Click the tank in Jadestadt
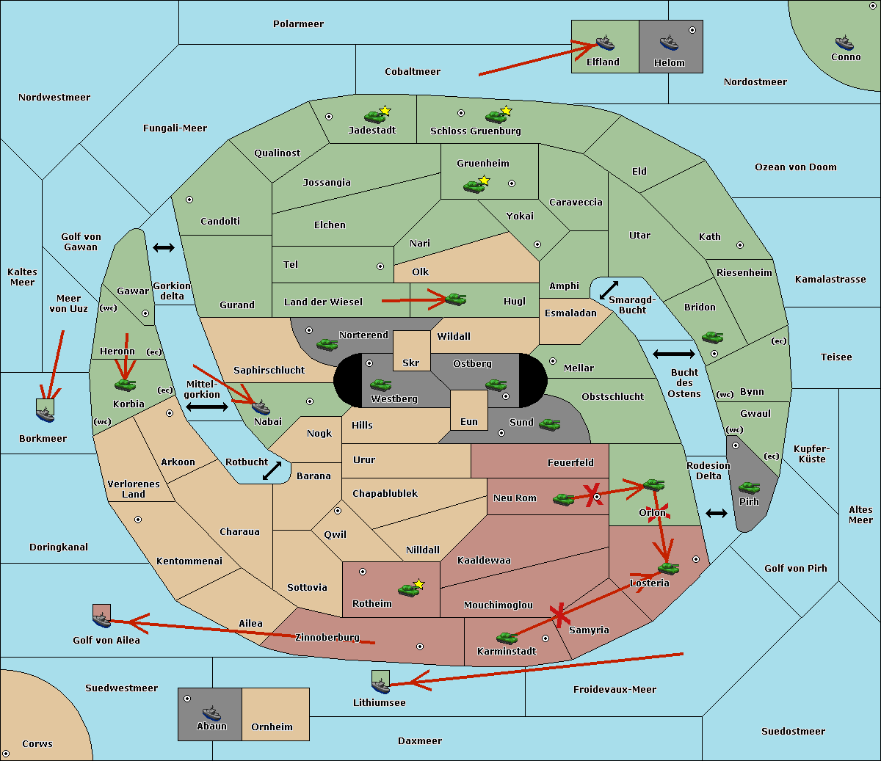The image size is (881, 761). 374,117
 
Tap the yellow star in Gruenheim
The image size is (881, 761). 485,181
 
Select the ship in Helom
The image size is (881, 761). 669,43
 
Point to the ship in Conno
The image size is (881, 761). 844,43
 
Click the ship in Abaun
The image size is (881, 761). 211,713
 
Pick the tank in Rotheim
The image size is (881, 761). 408,590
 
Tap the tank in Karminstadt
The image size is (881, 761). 507,638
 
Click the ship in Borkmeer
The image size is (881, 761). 46,414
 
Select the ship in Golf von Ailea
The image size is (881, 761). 102,619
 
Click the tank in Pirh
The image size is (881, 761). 749,487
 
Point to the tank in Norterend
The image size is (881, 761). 327,344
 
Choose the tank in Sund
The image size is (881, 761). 549,424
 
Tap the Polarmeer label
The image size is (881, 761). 298,24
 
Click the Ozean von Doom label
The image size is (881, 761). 796,167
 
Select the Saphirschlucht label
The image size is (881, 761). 269,371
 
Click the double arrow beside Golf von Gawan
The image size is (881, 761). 164,247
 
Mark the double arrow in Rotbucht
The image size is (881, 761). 272,471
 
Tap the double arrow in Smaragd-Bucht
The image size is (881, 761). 609,290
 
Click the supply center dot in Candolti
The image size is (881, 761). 189,200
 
